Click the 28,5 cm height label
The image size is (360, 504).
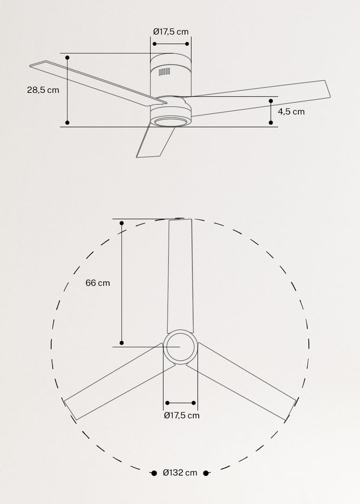click(x=43, y=90)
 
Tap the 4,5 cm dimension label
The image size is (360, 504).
click(x=291, y=112)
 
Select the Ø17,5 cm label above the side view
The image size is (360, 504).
click(x=171, y=32)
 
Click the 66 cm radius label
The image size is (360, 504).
click(x=98, y=283)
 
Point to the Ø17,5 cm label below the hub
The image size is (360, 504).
click(x=181, y=415)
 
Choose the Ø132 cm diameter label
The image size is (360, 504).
click(x=180, y=473)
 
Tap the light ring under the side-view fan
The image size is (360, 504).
click(x=171, y=122)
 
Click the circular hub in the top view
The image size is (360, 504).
click(x=180, y=347)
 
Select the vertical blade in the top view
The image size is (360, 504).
click(x=180, y=277)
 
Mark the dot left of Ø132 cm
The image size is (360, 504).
click(x=154, y=473)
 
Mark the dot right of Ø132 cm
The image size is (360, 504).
click(x=206, y=473)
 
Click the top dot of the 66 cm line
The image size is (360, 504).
click(x=122, y=224)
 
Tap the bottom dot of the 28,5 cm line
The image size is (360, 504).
click(x=67, y=123)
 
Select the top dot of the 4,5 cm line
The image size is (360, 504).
click(x=271, y=100)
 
